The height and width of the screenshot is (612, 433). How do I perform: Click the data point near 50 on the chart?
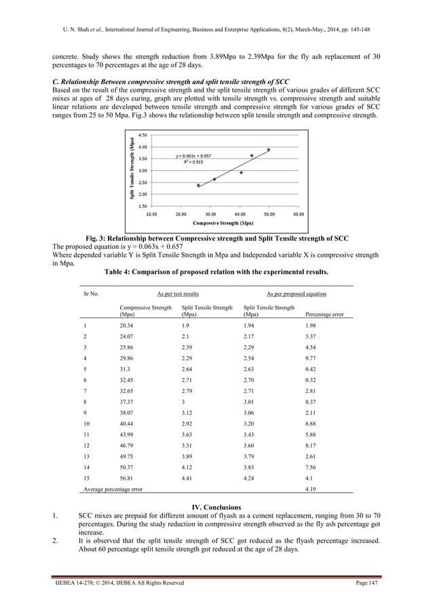[x=268, y=150]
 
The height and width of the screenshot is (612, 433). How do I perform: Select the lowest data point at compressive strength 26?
[x=198, y=185]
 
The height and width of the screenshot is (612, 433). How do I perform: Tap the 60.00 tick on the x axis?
[x=298, y=213]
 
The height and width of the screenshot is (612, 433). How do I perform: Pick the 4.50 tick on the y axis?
[x=144, y=135]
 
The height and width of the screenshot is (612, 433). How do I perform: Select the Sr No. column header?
[x=90, y=294]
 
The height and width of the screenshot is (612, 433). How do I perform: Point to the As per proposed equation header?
[x=296, y=294]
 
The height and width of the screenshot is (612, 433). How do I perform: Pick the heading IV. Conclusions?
[x=216, y=507]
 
